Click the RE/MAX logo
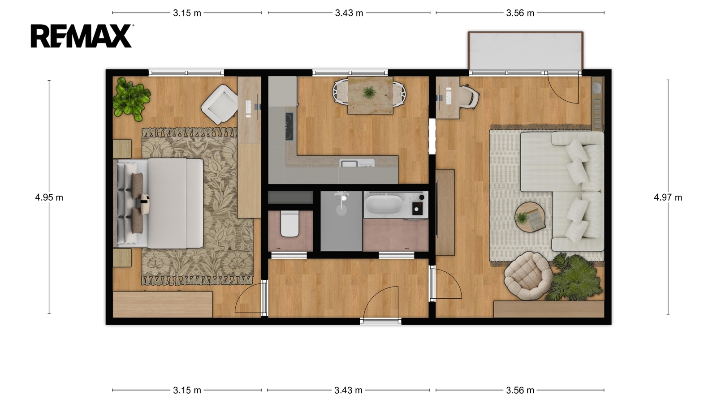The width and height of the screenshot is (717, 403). coord(82,36)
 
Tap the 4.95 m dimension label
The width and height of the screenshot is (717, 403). coord(49,197)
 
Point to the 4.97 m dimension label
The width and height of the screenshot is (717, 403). coord(668,197)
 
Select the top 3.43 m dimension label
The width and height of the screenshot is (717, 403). coord(349,13)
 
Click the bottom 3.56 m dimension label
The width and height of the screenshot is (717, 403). coord(520,390)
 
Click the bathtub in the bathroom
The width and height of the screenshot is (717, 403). coord(384,204)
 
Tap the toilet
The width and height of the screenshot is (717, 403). coord(289,223)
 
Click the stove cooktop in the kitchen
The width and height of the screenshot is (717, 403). coord(289,127)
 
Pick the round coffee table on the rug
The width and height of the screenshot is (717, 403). coord(529,217)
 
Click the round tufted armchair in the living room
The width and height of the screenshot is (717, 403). coord(528,276)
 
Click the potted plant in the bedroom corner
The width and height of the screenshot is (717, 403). coord(131,99)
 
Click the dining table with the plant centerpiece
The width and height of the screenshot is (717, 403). coord(370,95)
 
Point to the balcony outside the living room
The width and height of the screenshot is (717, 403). coord(525,51)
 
